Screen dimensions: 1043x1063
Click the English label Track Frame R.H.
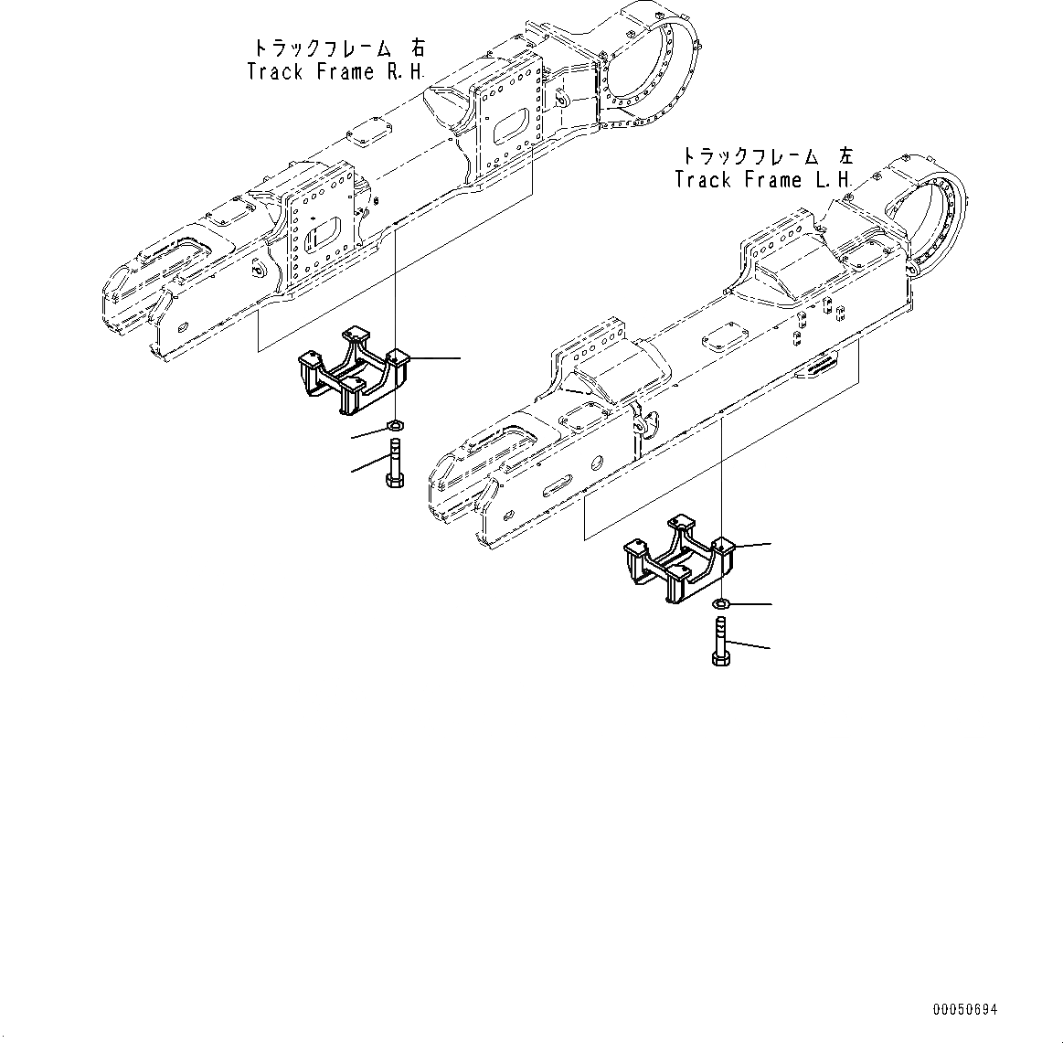pos(335,72)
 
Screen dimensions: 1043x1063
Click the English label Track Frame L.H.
pos(763,180)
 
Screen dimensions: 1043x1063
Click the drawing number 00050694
pos(965,1010)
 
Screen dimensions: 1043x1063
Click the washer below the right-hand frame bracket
pos(397,425)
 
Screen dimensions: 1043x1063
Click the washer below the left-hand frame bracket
pos(720,603)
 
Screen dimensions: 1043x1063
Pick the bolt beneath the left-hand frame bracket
pos(719,642)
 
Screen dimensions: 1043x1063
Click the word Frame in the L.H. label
pos(773,180)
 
